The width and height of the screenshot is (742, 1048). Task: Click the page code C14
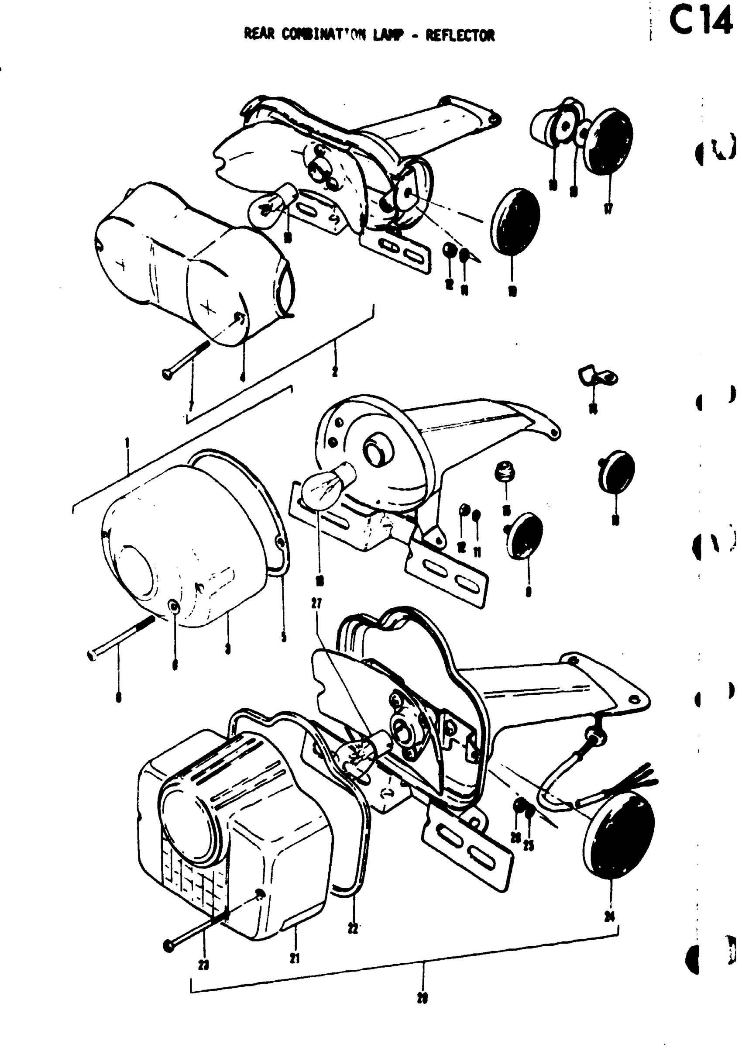[x=701, y=22]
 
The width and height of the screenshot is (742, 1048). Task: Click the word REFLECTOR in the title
[x=460, y=35]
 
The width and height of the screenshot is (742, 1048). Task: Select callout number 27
[x=316, y=604]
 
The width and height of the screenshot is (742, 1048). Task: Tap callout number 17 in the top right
[x=608, y=209]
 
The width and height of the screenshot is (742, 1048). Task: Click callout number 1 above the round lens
[x=127, y=443]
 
